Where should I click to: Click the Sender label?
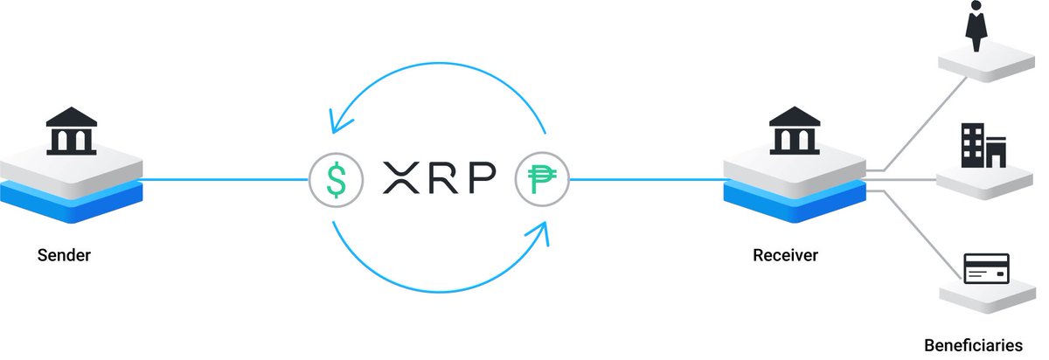coord(64,256)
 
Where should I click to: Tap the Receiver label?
coord(785,256)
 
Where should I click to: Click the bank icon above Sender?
coord(71,130)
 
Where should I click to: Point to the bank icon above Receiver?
coord(794,130)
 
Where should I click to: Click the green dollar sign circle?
coord(336,180)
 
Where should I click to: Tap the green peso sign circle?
coord(542,180)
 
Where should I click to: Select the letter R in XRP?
coord(444,179)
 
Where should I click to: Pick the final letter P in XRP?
coord(480,179)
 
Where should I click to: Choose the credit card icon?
coord(985,268)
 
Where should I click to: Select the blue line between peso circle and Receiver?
coord(647,180)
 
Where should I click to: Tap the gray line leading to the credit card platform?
coord(918,236)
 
